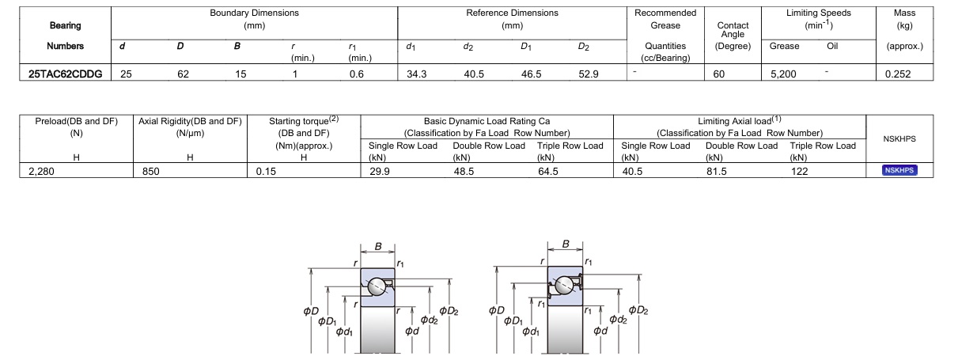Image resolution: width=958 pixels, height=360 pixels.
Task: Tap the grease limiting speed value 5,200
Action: [x=783, y=74]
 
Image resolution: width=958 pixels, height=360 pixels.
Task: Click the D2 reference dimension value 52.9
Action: [x=589, y=74]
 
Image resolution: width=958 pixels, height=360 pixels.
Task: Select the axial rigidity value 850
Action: [x=151, y=171]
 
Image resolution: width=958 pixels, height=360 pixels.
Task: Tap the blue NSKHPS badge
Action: [x=899, y=170]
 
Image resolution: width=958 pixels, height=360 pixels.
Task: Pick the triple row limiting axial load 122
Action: [x=800, y=171]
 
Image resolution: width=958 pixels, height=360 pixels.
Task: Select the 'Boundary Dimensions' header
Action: [x=254, y=13]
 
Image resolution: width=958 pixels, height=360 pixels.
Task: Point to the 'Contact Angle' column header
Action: [x=733, y=29]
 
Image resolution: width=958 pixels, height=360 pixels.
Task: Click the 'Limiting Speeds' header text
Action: [x=819, y=13]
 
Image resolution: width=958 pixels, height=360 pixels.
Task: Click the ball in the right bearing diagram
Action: [x=565, y=285]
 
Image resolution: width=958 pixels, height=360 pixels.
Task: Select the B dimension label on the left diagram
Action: [x=378, y=247]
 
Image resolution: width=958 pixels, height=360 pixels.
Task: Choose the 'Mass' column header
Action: [x=904, y=13]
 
